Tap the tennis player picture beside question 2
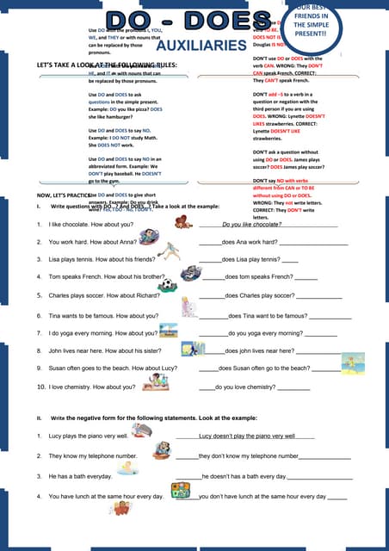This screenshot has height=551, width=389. [x=170, y=249]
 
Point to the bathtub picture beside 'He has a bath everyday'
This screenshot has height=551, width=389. [x=128, y=468]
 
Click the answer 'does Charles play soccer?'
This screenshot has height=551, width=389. [x=259, y=295]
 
